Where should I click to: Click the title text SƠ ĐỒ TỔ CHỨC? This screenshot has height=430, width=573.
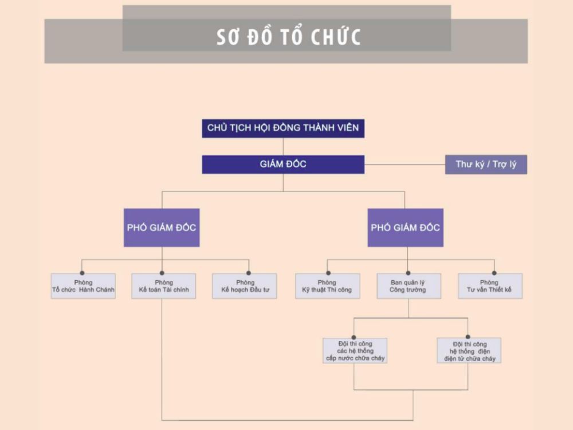pyautogui.click(x=289, y=36)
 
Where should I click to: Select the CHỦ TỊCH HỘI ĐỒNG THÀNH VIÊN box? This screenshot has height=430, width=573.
pyautogui.click(x=283, y=128)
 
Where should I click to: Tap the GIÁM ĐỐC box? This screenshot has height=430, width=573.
pyautogui.click(x=283, y=165)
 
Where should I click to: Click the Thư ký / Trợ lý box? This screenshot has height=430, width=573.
pyautogui.click(x=486, y=165)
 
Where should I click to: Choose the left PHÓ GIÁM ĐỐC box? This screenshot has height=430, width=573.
pyautogui.click(x=162, y=228)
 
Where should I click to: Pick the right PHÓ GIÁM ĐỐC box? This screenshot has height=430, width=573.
pyautogui.click(x=405, y=228)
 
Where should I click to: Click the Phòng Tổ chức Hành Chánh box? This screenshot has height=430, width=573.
pyautogui.click(x=83, y=286)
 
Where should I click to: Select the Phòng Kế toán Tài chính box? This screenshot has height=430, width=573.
pyautogui.click(x=163, y=286)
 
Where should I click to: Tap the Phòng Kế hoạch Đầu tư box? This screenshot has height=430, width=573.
pyautogui.click(x=245, y=286)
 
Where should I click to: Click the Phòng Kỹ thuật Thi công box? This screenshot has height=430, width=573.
pyautogui.click(x=327, y=286)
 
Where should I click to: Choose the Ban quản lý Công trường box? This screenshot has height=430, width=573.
pyautogui.click(x=408, y=286)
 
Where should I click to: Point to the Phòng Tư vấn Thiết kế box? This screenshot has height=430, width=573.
pyautogui.click(x=489, y=286)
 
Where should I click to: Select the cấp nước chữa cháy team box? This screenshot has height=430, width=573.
pyautogui.click(x=355, y=350)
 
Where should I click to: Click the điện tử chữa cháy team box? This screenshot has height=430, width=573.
pyautogui.click(x=469, y=350)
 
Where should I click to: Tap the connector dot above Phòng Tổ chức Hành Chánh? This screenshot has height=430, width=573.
pyautogui.click(x=83, y=273)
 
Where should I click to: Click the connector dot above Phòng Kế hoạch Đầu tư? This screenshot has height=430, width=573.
pyautogui.click(x=249, y=273)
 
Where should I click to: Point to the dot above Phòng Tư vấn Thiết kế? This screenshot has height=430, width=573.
pyautogui.click(x=493, y=273)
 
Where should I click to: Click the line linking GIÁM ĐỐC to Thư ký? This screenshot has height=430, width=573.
pyautogui.click(x=405, y=165)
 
